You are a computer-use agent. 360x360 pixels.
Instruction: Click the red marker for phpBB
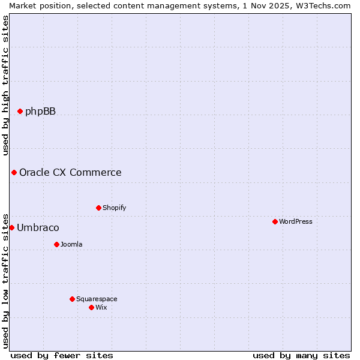point(20,111)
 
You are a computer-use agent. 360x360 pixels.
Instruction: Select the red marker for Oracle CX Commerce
point(14,173)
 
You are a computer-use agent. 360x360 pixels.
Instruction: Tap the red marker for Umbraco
point(11,228)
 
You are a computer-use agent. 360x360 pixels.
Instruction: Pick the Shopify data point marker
point(98,208)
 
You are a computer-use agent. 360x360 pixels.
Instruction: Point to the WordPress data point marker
point(275,222)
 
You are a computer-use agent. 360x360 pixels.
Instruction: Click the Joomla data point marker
point(56,245)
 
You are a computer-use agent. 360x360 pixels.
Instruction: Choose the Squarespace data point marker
point(72,299)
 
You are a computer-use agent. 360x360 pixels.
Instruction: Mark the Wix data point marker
point(91,308)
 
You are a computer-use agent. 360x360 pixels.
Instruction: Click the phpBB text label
point(40,111)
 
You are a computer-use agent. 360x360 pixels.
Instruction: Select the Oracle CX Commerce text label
point(70,173)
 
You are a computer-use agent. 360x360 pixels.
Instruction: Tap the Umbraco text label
point(38,228)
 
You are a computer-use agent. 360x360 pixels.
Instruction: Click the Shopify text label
point(114,208)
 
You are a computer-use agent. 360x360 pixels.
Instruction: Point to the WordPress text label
point(295,222)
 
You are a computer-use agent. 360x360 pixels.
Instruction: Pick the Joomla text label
point(71,245)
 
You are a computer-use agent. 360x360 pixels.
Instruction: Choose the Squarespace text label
point(97,299)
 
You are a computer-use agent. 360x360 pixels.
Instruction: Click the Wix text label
point(101,308)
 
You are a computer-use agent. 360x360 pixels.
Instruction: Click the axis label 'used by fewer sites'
point(62,355)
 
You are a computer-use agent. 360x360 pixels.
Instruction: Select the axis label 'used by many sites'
point(301,355)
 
